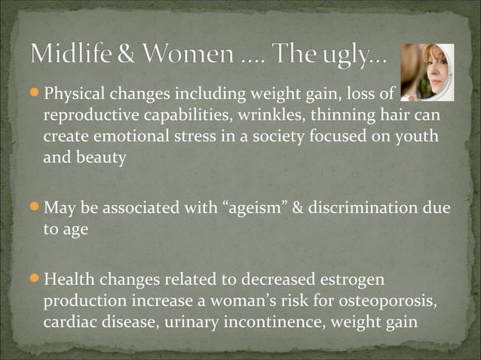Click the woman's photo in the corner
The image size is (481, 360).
[x=427, y=72]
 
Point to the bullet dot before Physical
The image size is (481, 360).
[x=37, y=94]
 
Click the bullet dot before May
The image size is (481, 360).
[x=37, y=206]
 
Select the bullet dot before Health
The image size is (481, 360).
[x=37, y=280]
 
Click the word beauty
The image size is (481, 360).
[x=100, y=160]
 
